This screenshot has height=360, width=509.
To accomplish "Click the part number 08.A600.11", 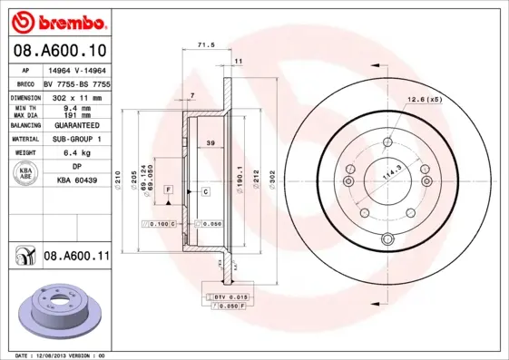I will (x=76, y=257).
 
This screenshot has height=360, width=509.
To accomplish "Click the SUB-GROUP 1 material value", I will (x=77, y=139).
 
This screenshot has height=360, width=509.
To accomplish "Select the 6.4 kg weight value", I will (x=77, y=153).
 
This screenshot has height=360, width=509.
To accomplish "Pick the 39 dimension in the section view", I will (x=210, y=143).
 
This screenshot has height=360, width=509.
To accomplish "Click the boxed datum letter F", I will (x=168, y=188).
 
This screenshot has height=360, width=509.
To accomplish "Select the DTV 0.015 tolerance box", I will (x=227, y=297).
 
